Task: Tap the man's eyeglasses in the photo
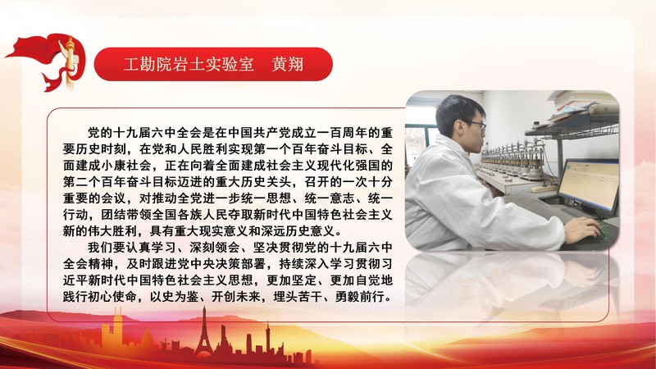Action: tap(474, 125)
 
